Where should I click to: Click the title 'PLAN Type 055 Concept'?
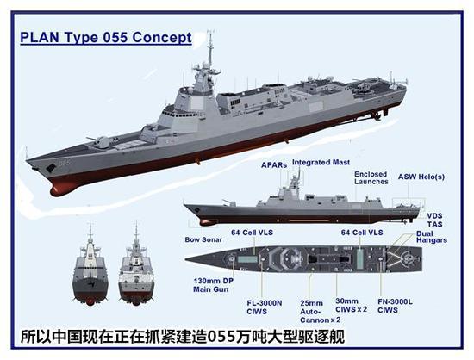pos(106,37)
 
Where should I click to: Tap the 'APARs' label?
pos(274,165)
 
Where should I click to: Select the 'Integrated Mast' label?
pos(321,163)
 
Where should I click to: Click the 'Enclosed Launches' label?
pos(371,178)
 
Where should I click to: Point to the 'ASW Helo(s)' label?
pos(421,177)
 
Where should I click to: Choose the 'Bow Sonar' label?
pos(203,239)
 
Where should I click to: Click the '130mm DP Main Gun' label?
pos(214,285)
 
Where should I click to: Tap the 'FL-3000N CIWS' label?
pos(265,307)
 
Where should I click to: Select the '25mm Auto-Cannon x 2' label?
pos(320,312)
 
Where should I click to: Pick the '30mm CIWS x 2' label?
pos(352,306)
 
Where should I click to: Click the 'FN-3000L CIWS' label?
pos(395,306)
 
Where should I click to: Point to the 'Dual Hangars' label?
pos(432,237)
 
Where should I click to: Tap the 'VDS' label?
pos(434,216)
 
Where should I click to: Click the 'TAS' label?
pos(434,225)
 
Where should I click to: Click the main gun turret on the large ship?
pos(101,141)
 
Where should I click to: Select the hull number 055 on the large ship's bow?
pos(65,163)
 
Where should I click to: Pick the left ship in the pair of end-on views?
pos(90,265)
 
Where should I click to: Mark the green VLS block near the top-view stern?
pos(359,259)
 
